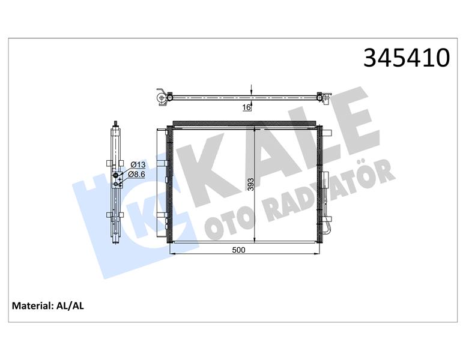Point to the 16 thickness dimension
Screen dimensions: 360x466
[x=246, y=107]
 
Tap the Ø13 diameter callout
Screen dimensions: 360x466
[x=138, y=164]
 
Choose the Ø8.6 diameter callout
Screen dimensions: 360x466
[x=139, y=174]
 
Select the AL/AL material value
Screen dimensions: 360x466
[x=70, y=306]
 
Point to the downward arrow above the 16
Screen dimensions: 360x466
[x=251, y=89]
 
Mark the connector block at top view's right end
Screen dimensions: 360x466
[x=324, y=95]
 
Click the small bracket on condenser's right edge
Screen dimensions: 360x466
[x=324, y=180]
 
